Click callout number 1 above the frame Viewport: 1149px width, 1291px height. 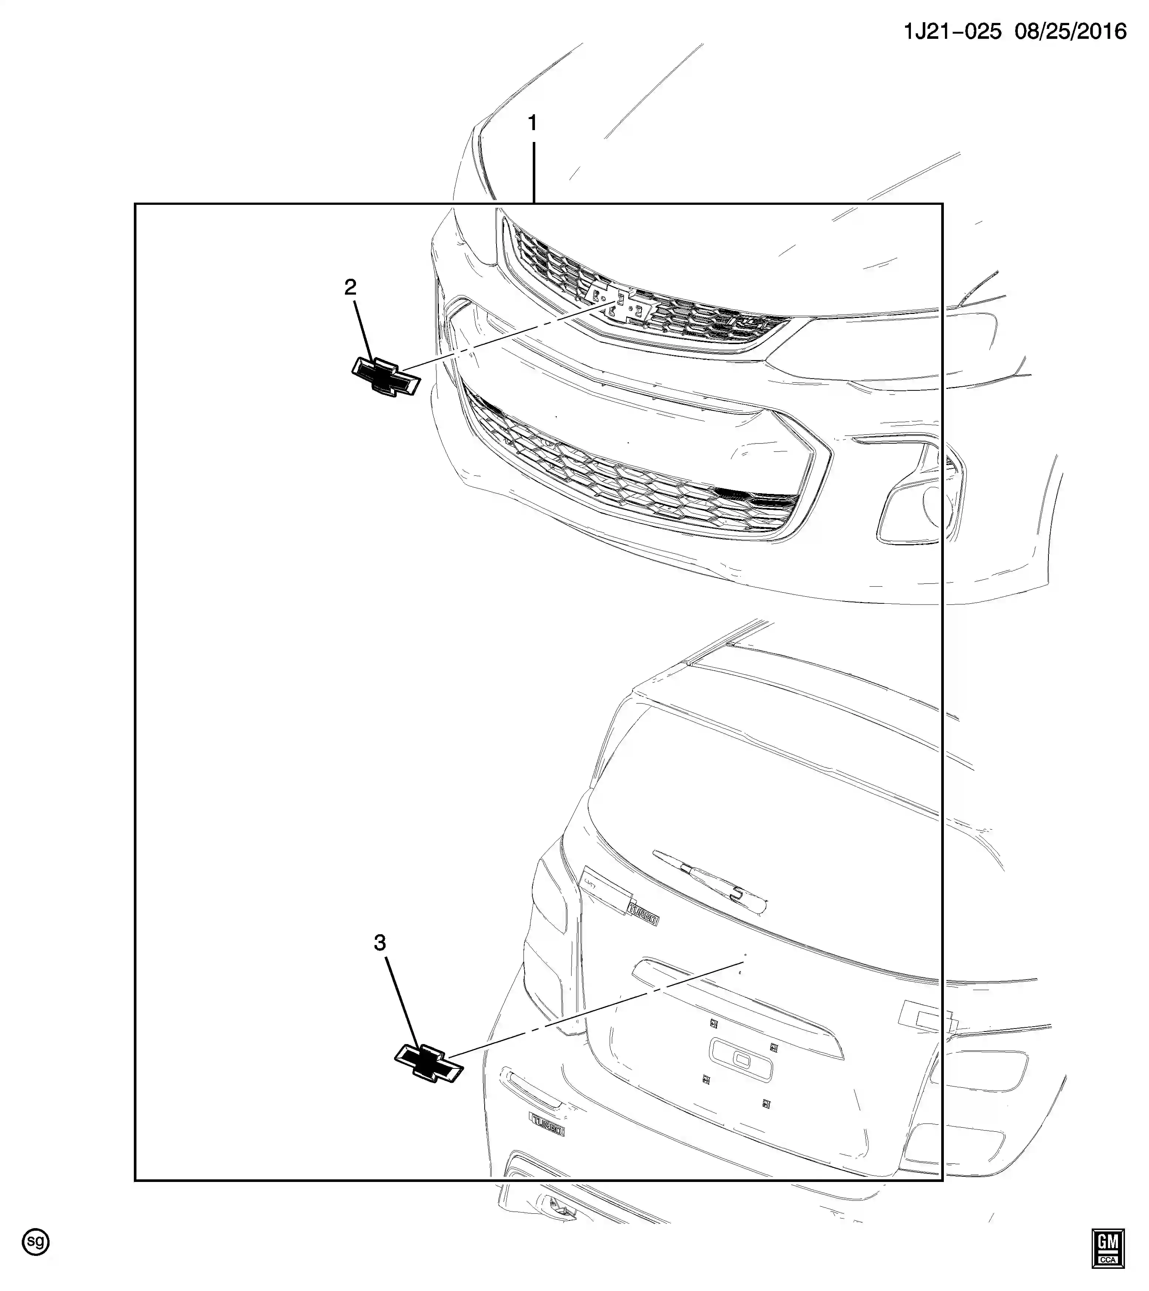pyautogui.click(x=532, y=123)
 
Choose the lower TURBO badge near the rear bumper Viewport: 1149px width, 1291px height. pyautogui.click(x=547, y=1125)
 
